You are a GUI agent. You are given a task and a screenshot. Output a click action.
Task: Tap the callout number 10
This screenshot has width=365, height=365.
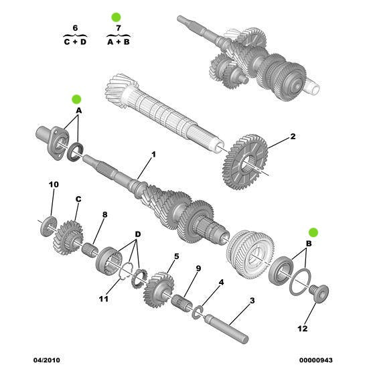point(54,184)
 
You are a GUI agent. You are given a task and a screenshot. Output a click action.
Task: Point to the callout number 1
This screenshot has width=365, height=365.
point(153,155)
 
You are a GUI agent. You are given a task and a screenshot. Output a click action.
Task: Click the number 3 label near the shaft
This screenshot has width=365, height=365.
point(252,301)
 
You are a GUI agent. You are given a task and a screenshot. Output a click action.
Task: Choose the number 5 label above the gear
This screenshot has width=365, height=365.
point(175,256)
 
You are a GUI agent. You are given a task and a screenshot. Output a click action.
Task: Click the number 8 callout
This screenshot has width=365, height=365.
point(104,214)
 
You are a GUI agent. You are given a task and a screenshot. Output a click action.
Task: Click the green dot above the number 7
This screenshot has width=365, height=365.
point(115,16)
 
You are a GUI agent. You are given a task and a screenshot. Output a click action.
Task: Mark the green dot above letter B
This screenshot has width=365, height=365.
point(312,232)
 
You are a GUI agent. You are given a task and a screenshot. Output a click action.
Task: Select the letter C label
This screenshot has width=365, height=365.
point(78,199)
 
